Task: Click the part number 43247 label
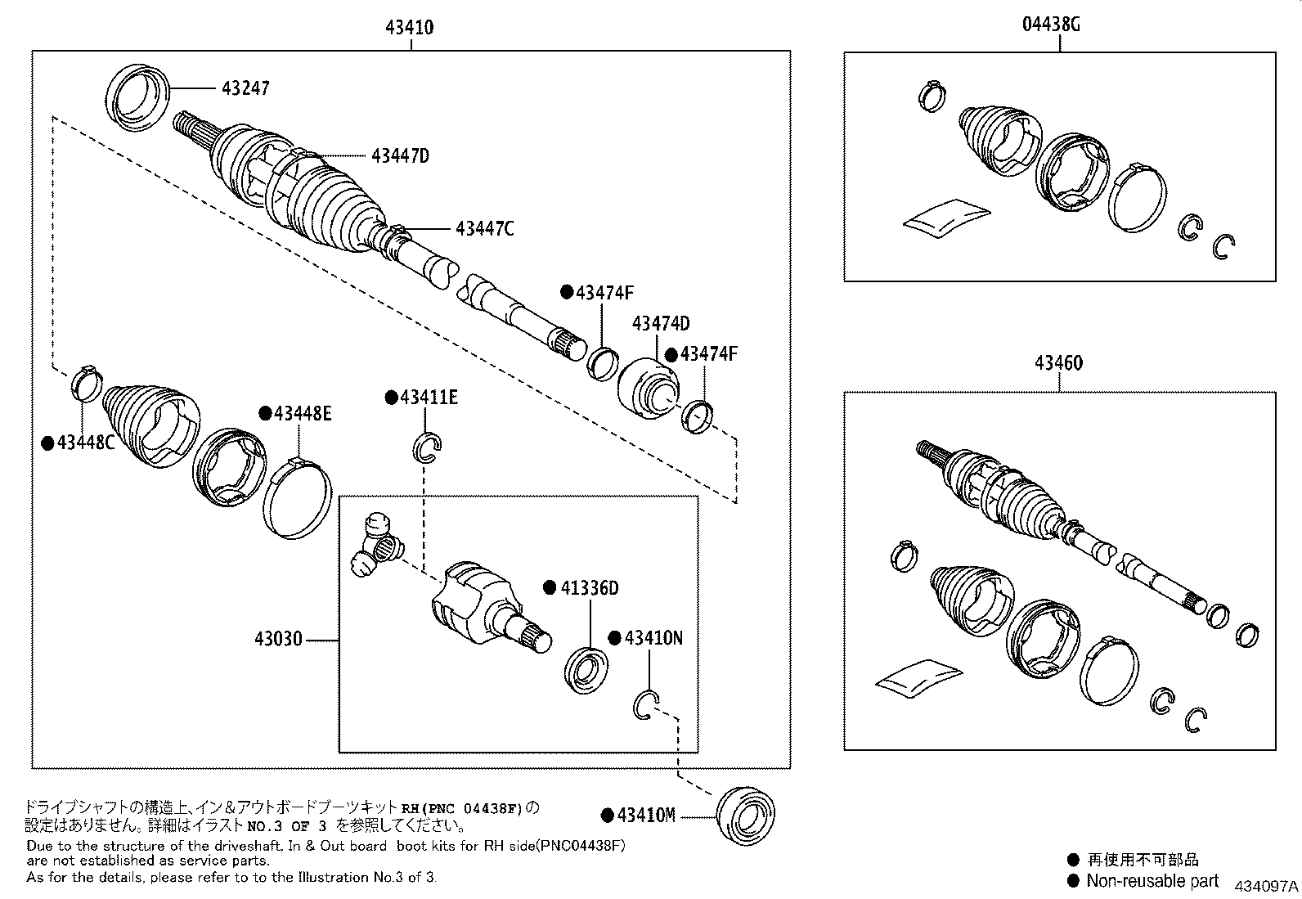[x=245, y=88]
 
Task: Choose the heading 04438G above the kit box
[x=1051, y=25]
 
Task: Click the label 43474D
[x=661, y=324]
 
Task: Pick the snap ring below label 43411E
[x=427, y=447]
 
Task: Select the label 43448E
[x=302, y=414]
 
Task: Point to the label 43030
[x=281, y=639]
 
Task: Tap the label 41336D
[x=589, y=588]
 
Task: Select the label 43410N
[x=653, y=638]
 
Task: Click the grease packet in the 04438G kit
[x=946, y=218]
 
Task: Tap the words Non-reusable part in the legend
[x=1152, y=881]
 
